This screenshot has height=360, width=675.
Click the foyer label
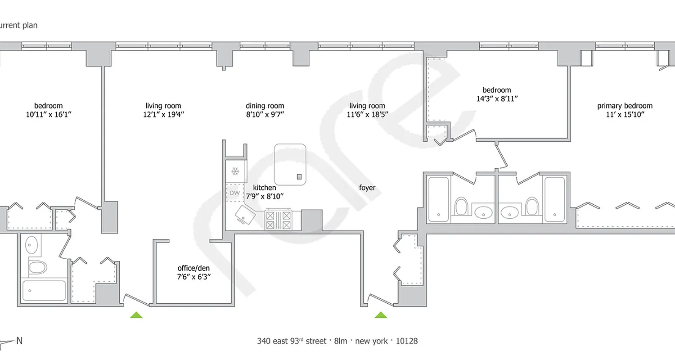[367, 188]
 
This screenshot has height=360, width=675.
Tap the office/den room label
[193, 269]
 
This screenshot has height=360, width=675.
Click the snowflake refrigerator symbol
[234, 171]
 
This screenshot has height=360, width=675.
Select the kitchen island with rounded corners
[290, 163]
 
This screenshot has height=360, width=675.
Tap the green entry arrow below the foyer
[381, 315]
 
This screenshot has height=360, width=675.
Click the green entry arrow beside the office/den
[136, 315]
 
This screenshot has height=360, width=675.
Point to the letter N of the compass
[19, 341]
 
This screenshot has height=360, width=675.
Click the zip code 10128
[406, 341]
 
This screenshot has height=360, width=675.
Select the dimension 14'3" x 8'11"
[497, 98]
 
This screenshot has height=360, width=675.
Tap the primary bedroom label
[625, 106]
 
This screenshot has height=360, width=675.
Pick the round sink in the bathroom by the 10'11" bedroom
[31, 245]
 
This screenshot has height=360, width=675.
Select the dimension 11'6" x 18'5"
[367, 114]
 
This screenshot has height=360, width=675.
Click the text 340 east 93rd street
[291, 341]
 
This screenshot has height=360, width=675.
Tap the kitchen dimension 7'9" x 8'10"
[265, 196]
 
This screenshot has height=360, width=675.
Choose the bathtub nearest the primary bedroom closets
[554, 199]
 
